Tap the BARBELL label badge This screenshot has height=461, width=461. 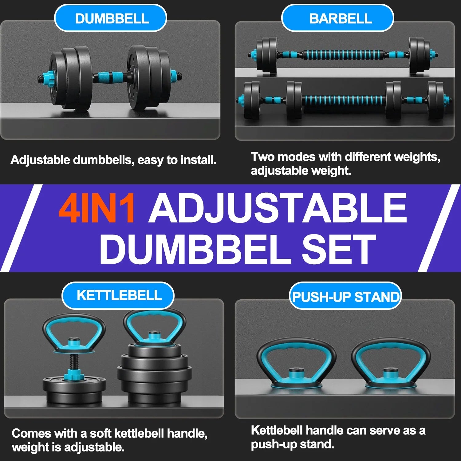pyautogui.click(x=337, y=18)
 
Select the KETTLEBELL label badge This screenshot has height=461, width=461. pyautogui.click(x=118, y=295)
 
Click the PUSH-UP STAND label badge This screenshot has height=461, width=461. pyautogui.click(x=345, y=297)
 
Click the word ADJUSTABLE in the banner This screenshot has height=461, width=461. pyautogui.click(x=278, y=208)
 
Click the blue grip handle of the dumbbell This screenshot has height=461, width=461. pyautogui.click(x=110, y=77)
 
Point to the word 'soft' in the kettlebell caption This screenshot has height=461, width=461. pyautogui.click(x=100, y=434)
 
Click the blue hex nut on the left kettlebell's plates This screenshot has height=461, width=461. pyautogui.click(x=73, y=375)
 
